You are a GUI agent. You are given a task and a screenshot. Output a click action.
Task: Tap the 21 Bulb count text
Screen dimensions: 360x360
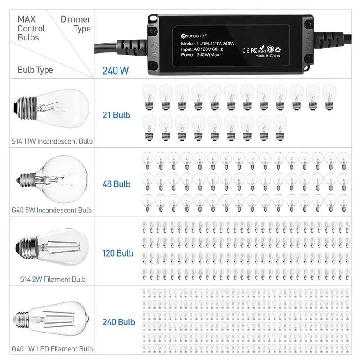click(x=116, y=115)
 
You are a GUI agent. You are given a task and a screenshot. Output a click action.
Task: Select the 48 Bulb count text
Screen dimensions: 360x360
click(x=116, y=184)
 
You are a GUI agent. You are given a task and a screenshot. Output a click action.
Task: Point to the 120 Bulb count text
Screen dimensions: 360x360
click(x=118, y=253)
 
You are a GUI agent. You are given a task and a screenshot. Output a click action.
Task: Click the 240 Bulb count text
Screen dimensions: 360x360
click(x=118, y=322)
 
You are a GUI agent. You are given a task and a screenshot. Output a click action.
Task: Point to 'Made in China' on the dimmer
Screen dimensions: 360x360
click(x=268, y=56)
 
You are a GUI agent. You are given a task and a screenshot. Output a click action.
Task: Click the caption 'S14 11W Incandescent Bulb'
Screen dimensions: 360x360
click(x=52, y=141)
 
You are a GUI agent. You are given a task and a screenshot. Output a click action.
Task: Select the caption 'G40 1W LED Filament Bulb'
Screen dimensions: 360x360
click(x=52, y=349)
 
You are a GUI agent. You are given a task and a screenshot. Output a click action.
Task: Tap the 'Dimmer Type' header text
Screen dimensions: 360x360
click(x=76, y=24)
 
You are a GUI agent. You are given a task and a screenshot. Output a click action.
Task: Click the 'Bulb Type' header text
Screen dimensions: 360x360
click(x=35, y=70)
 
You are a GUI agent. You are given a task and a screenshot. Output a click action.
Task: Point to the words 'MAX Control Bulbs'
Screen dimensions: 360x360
click(x=31, y=28)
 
